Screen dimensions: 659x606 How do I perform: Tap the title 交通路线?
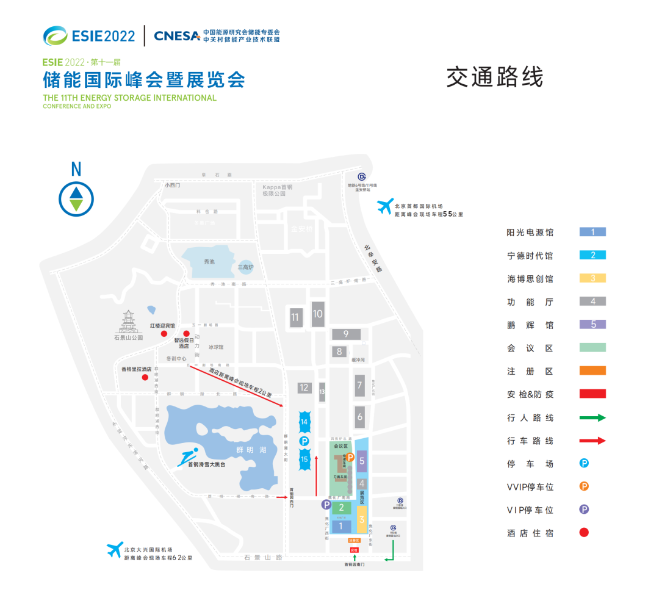[x=494, y=78]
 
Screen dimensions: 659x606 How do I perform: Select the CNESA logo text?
[x=177, y=35]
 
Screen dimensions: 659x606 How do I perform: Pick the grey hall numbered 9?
[x=346, y=334]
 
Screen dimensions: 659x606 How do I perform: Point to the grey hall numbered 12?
[x=304, y=388]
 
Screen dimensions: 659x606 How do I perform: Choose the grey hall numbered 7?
[x=360, y=385]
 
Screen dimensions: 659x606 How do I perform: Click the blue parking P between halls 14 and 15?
[x=304, y=441]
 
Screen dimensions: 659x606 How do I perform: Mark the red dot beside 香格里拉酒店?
[x=145, y=377]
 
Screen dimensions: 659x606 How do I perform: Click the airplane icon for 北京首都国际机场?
[x=384, y=206]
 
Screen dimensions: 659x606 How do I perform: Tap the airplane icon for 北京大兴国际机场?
[x=115, y=549]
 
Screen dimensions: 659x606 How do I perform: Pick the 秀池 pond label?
[x=210, y=261]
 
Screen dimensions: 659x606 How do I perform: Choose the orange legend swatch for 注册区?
[x=592, y=370]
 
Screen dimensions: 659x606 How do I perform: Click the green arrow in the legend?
[x=592, y=417]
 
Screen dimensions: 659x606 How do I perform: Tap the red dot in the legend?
[x=584, y=532]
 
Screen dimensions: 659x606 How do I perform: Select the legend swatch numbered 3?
[x=592, y=278]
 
